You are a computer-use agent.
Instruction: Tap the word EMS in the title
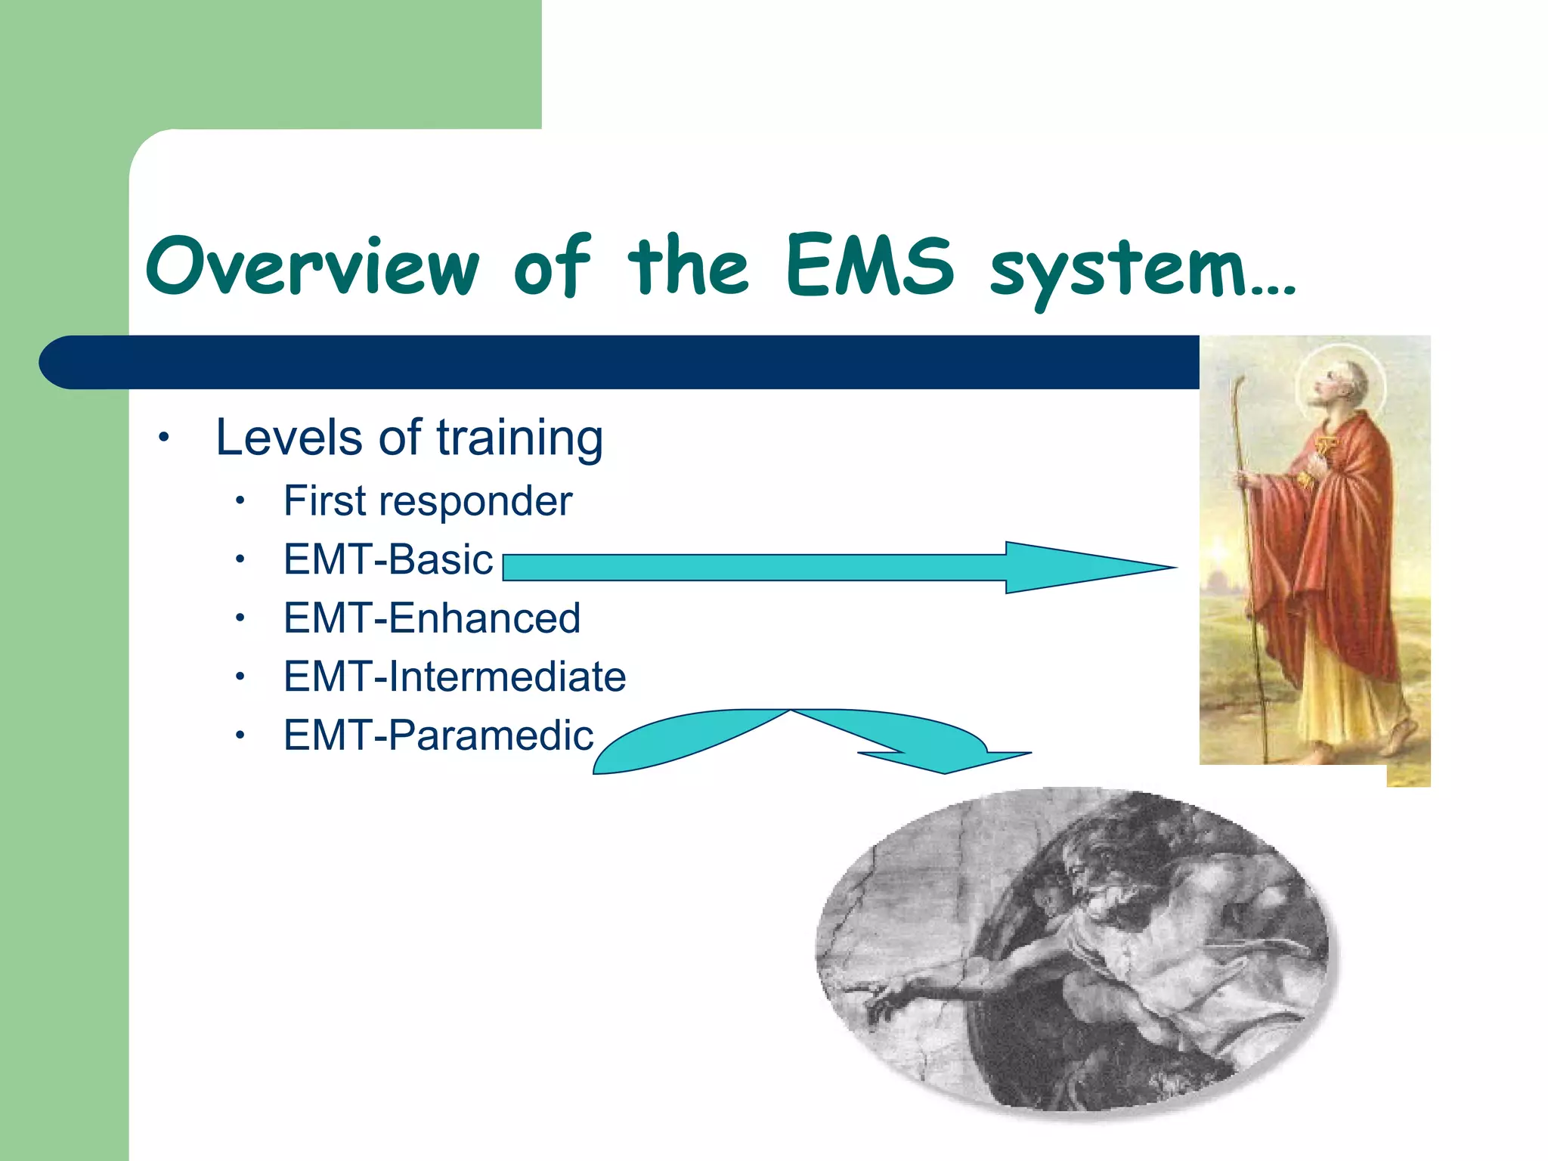(869, 266)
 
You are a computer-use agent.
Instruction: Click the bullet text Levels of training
(409, 438)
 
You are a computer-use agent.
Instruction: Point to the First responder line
(428, 501)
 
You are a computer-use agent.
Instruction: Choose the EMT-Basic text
(388, 560)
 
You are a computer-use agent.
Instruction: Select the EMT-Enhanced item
(432, 618)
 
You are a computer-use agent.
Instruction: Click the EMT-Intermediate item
(454, 676)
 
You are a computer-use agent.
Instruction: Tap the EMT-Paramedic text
(438, 735)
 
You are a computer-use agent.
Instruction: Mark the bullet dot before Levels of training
(163, 438)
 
